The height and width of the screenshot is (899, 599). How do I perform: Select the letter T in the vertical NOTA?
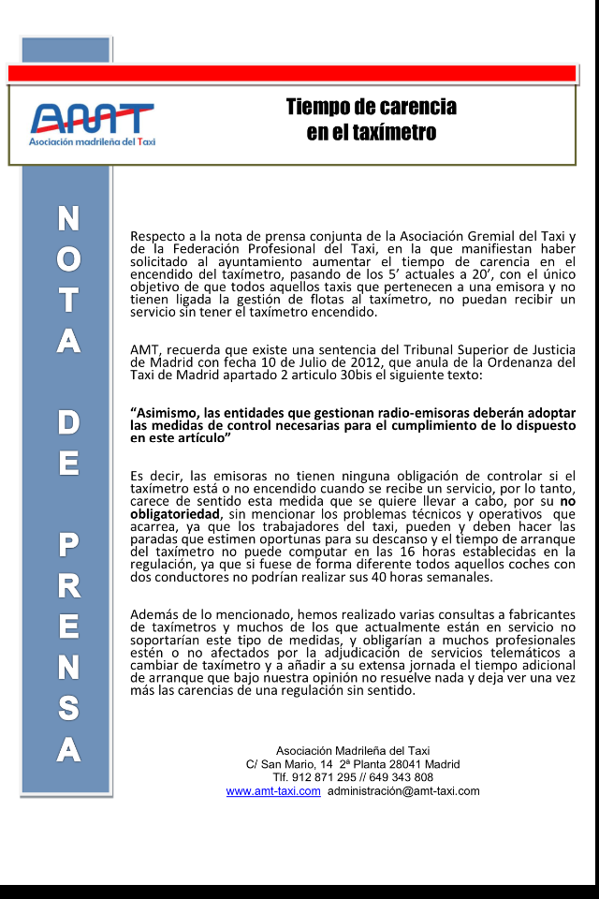click(x=67, y=302)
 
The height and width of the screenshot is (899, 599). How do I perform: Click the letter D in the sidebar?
click(x=67, y=422)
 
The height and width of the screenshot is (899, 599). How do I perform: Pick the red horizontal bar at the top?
click(x=291, y=73)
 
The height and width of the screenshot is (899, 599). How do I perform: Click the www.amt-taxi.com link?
click(x=273, y=791)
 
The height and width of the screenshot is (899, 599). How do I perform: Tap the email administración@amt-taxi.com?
click(x=403, y=791)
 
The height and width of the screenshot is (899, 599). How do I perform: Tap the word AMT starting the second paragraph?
click(x=144, y=350)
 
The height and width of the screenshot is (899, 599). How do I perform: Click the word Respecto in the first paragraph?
click(x=158, y=235)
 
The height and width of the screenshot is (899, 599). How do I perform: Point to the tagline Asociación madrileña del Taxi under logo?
click(x=92, y=141)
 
